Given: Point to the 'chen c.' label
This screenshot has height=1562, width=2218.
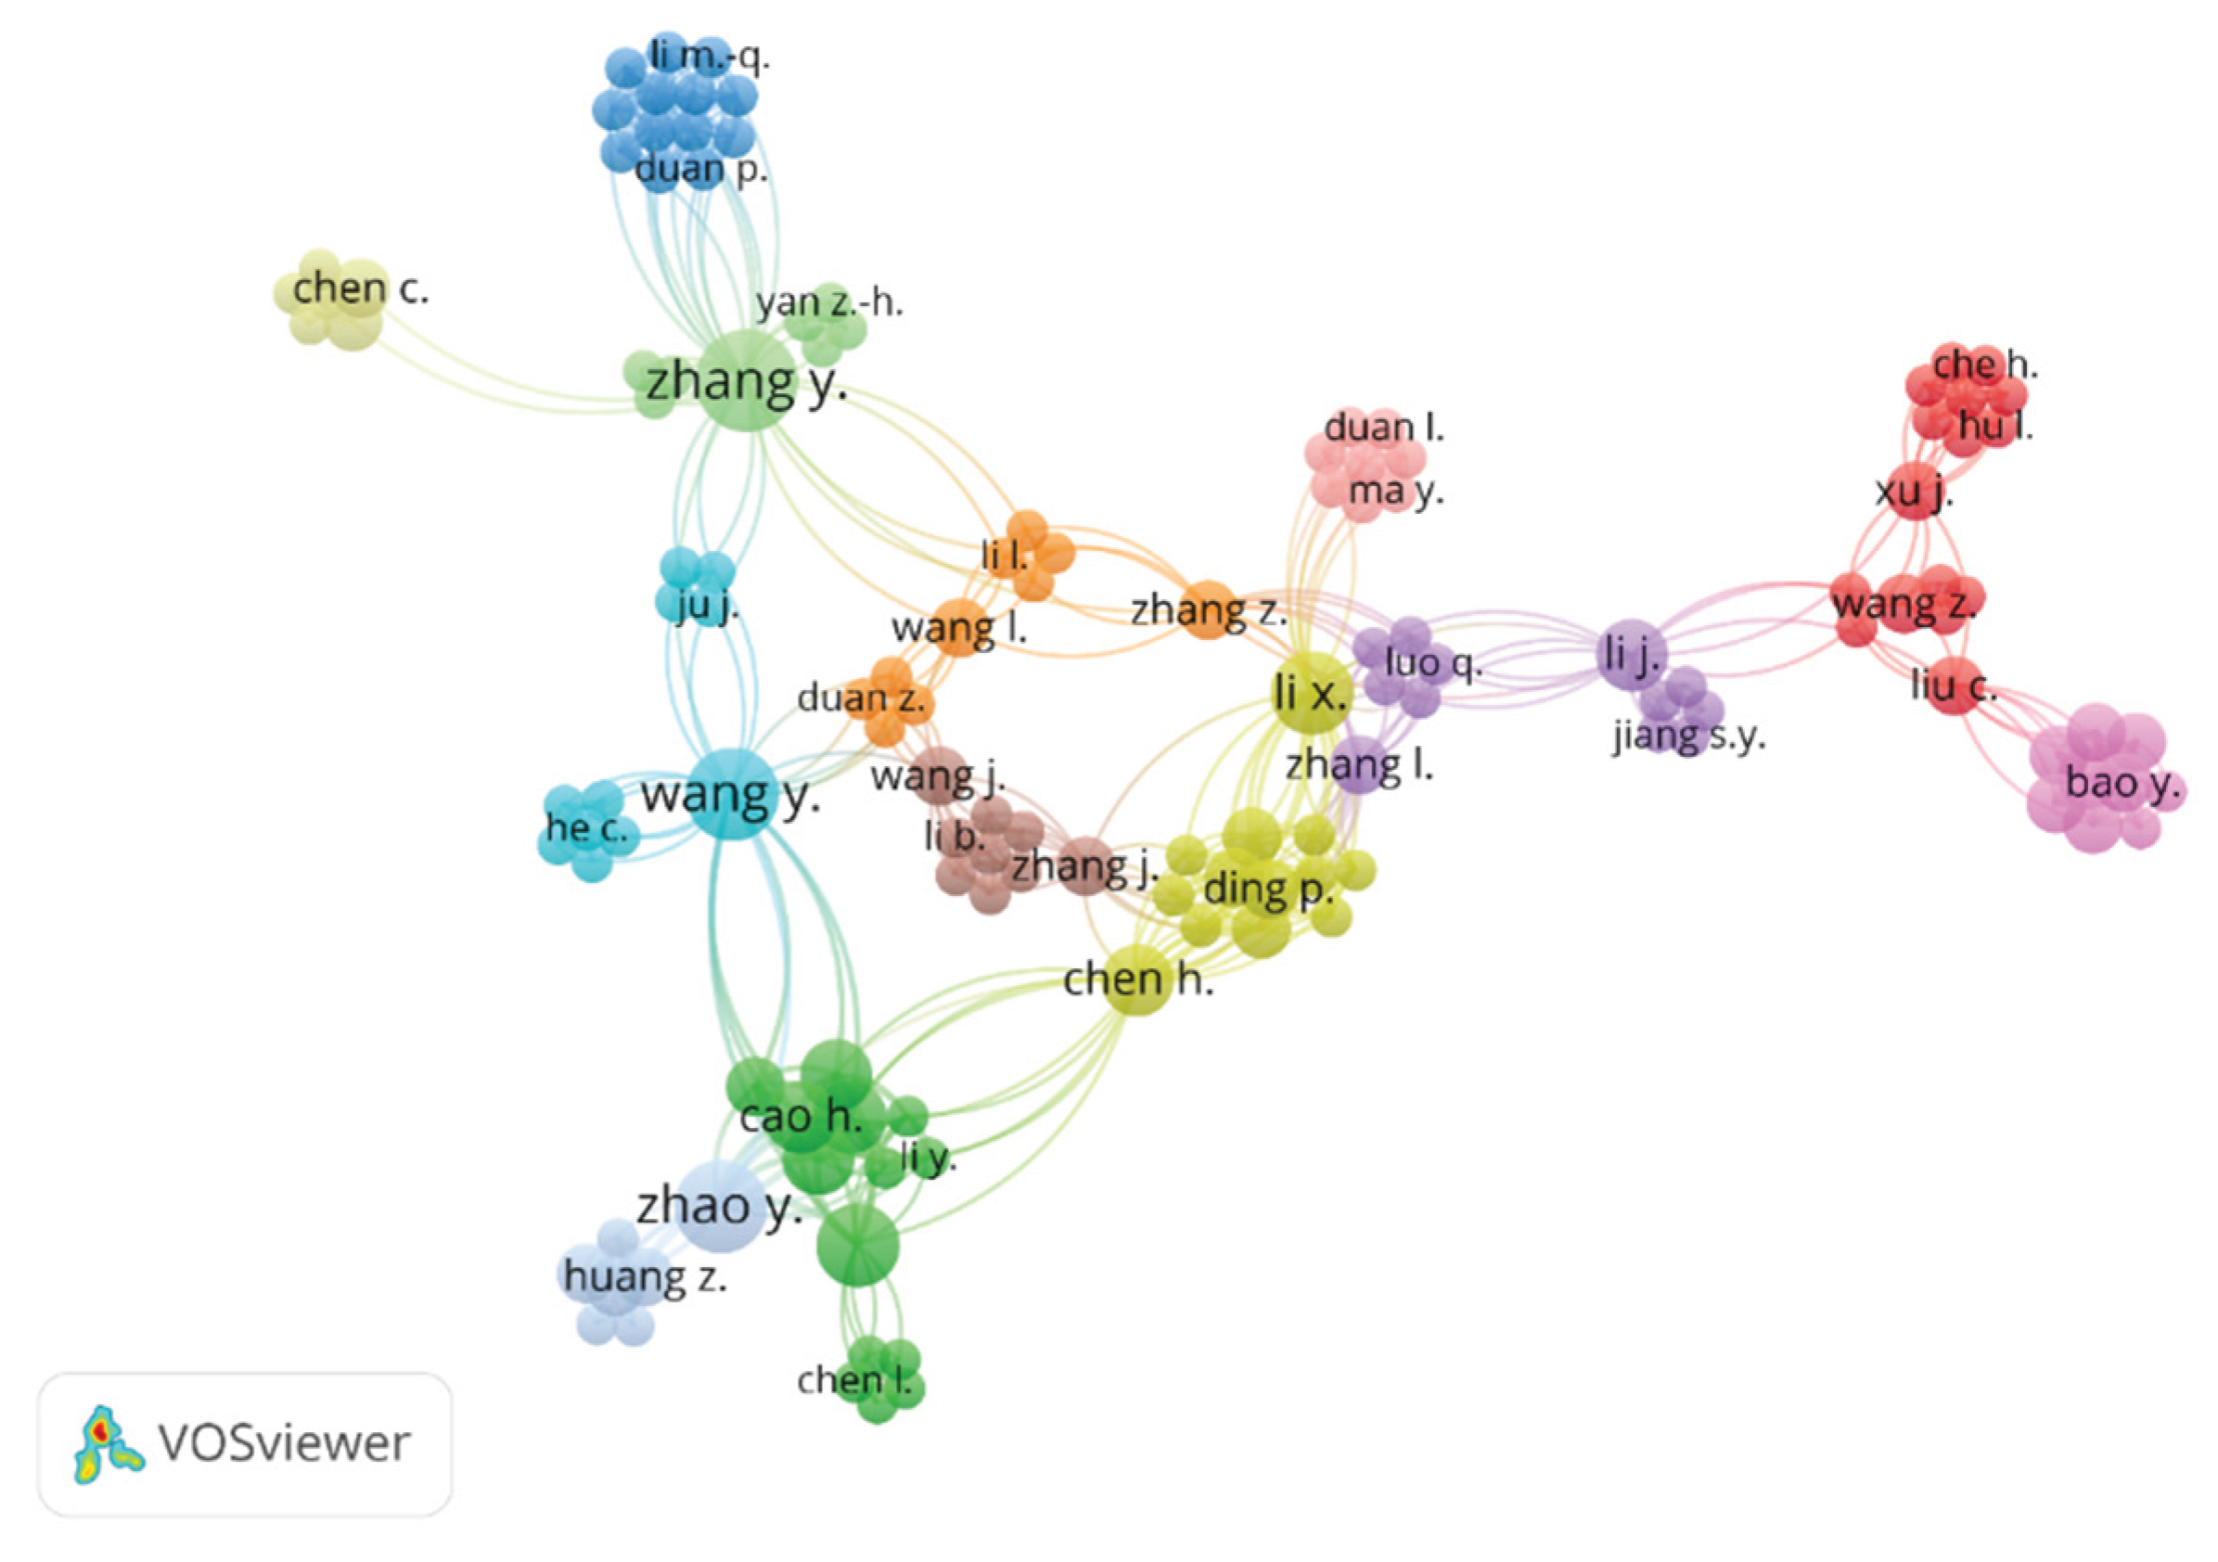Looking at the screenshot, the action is [360, 288].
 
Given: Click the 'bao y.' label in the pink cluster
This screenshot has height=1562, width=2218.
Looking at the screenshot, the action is [2123, 784].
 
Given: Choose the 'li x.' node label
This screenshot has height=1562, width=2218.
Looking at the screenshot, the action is [1310, 693].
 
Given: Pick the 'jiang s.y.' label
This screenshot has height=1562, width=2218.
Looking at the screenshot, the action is [1688, 737].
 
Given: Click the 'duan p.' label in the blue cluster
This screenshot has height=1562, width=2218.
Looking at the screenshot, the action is [701, 169].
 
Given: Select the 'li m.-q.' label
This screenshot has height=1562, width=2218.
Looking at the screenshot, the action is [710, 57].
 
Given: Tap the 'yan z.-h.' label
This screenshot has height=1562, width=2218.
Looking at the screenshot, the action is [830, 302].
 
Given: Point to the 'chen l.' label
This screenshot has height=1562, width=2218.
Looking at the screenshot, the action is [854, 1380].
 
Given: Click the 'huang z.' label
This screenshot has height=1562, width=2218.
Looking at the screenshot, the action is [646, 1278].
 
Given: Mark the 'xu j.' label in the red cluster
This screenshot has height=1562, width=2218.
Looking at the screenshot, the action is [1914, 493].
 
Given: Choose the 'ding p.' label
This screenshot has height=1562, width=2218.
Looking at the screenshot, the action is [1268, 890].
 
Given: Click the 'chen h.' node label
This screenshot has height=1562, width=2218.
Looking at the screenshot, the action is [1138, 979].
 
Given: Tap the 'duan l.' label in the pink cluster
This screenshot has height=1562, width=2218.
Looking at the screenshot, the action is [1384, 427].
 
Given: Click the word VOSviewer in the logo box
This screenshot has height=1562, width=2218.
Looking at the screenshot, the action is [285, 1443].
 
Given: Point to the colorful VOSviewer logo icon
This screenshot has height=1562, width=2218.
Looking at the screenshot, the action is [109, 1443].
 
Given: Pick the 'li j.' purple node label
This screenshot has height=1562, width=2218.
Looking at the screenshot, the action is [1631, 656].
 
